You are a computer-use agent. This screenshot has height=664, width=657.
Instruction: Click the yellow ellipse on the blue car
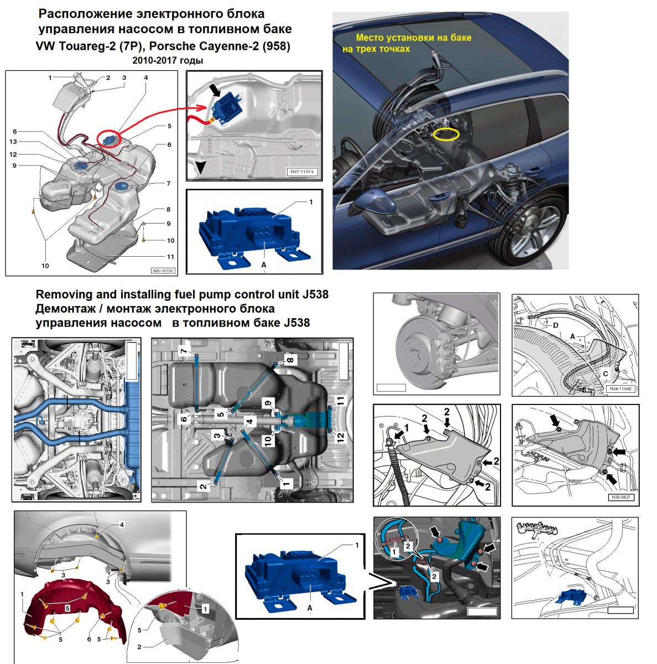pyautogui.click(x=446, y=134)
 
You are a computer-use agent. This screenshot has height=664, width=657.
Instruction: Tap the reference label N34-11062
pyautogui.click(x=619, y=389)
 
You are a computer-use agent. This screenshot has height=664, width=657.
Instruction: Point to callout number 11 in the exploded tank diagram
pyautogui.click(x=170, y=257)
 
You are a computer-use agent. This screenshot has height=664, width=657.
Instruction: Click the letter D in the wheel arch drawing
pyautogui.click(x=555, y=325)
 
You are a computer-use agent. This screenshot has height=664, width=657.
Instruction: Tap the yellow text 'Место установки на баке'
pyautogui.click(x=414, y=38)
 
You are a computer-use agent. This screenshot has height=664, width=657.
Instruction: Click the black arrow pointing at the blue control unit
pyautogui.click(x=218, y=89)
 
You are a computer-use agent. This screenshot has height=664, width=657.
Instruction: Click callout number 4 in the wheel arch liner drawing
pyautogui.click(x=122, y=525)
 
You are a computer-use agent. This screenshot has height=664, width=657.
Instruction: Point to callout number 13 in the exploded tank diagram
pyautogui.click(x=13, y=142)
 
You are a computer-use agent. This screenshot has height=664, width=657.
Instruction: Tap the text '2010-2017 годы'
pyautogui.click(x=168, y=60)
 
